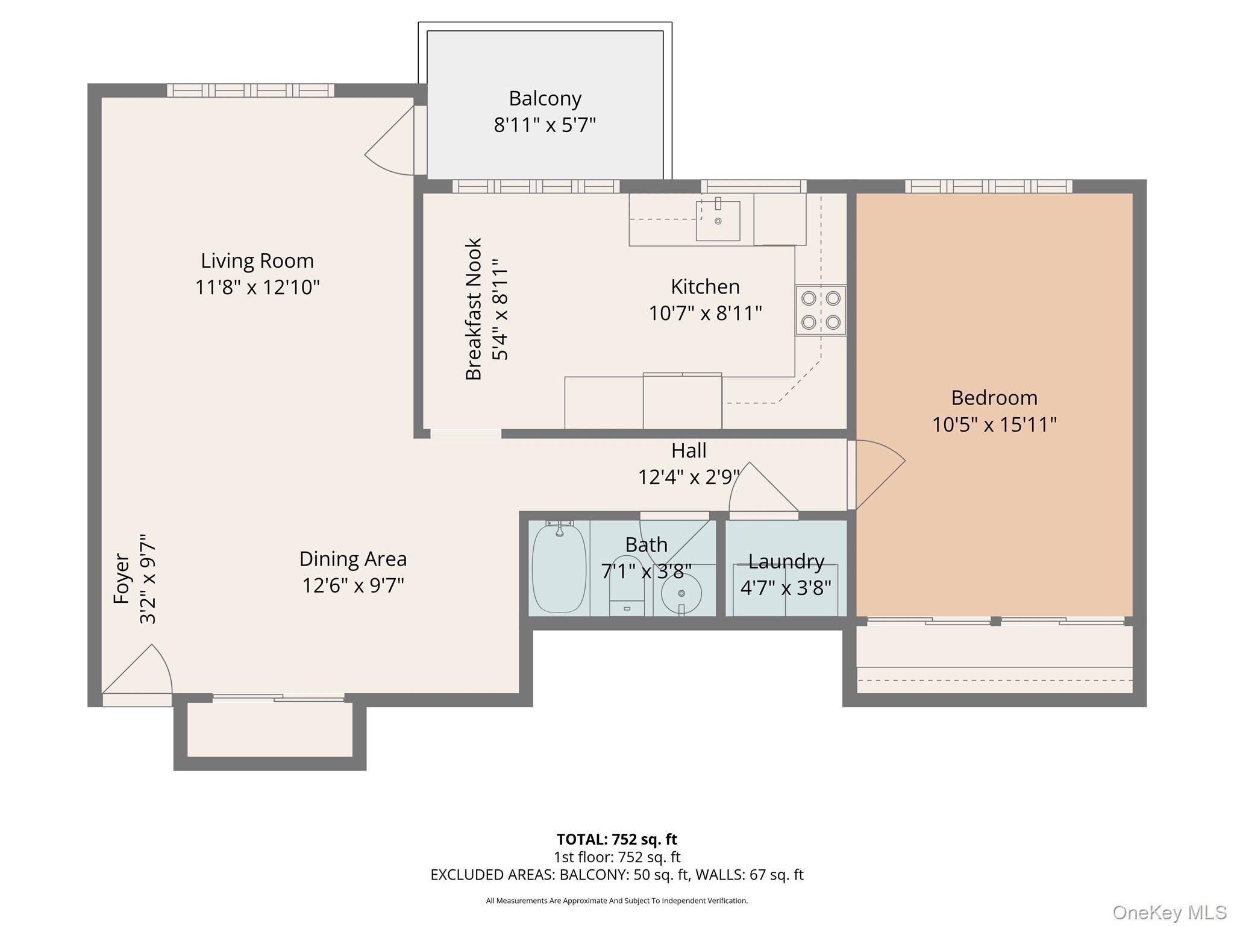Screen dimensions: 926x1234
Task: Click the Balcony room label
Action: (545, 98)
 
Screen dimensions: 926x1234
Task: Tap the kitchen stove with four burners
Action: (821, 310)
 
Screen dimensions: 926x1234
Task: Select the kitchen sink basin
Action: (718, 221)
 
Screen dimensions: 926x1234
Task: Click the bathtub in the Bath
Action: (559, 569)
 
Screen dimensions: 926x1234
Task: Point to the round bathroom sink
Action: (681, 593)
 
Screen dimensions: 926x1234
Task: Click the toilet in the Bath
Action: (627, 588)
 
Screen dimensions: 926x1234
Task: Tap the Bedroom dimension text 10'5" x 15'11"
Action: (994, 424)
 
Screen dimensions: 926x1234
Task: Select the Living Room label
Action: (257, 260)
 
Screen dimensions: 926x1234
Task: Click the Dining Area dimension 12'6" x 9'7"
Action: (353, 585)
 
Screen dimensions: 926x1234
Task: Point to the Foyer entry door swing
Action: (145, 672)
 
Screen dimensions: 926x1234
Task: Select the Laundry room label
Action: (786, 561)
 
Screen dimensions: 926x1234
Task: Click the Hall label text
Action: (689, 450)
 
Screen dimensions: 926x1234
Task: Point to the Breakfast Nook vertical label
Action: (474, 309)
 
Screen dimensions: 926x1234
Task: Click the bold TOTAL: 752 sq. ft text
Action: (616, 839)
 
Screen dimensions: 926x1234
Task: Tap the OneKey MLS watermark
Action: (1169, 913)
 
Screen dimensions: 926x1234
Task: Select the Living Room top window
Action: (250, 90)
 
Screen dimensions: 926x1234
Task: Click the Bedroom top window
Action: (988, 186)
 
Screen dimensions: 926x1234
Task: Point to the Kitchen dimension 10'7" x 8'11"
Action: (705, 313)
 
